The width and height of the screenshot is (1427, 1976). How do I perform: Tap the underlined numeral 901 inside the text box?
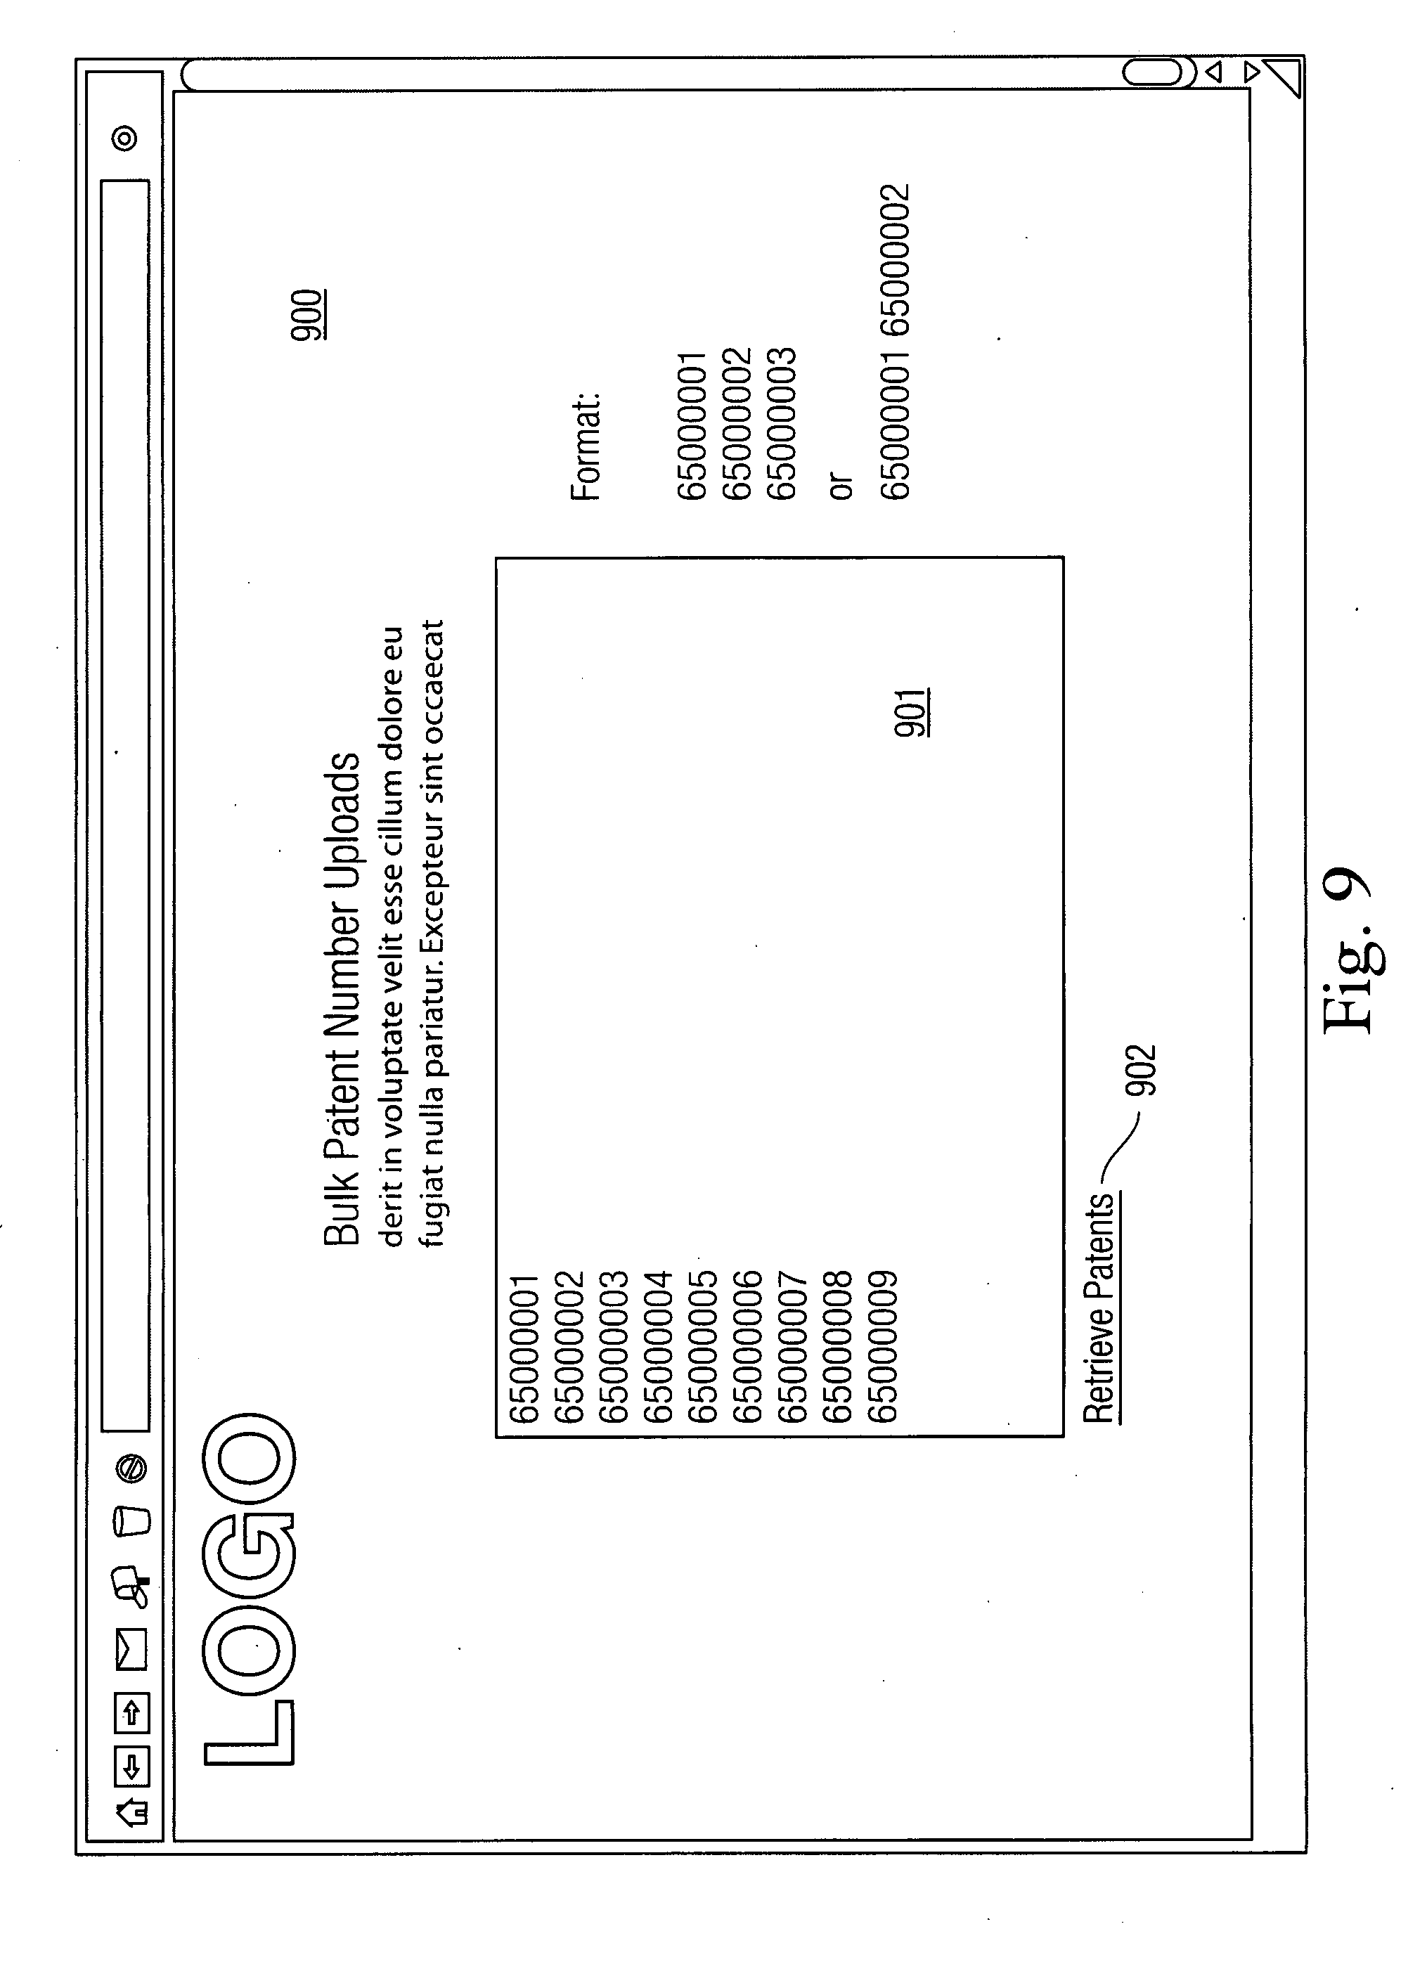[910, 713]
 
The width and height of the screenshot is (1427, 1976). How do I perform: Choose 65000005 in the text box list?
[702, 1347]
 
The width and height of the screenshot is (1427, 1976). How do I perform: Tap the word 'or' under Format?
[841, 485]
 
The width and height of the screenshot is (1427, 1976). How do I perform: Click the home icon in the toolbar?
[131, 1813]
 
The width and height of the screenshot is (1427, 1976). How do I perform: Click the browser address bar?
[125, 806]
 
